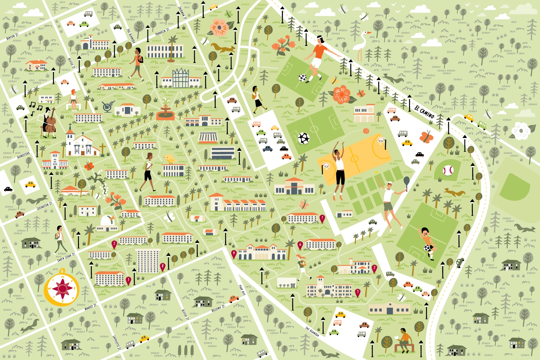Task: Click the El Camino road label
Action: [424, 112]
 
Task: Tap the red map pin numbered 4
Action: [233, 253]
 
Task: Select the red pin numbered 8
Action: [162, 267]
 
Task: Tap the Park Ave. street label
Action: [242, 290]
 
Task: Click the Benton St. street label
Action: [12, 36]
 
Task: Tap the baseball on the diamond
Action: [448, 170]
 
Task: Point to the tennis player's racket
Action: [406, 182]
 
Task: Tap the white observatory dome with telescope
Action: [107, 221]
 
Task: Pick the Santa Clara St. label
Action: [66, 257]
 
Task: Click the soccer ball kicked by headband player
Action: [302, 78]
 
